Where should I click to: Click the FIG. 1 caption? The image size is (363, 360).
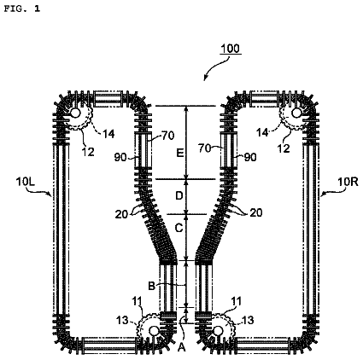[x=22, y=9]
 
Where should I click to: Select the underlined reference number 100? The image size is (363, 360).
[x=231, y=49]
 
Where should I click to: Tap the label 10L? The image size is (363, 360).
[x=26, y=182]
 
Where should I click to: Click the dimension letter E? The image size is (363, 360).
[x=179, y=154]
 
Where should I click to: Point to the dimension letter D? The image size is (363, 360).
[x=179, y=195]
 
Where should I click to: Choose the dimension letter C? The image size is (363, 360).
[x=179, y=228]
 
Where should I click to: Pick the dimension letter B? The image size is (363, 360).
[x=151, y=286]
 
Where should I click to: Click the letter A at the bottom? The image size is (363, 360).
[x=181, y=347]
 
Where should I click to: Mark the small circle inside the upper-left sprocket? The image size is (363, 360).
[x=75, y=113]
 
